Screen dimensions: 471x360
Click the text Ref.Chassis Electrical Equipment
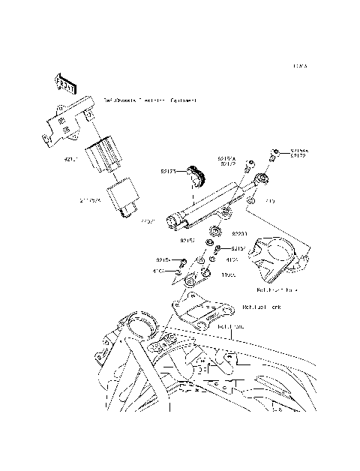click(150, 100)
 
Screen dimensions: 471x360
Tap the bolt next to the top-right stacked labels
click(276, 154)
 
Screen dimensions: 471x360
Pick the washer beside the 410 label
click(253, 202)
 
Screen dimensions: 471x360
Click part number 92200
click(239, 233)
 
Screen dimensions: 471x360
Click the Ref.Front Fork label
click(277, 289)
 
